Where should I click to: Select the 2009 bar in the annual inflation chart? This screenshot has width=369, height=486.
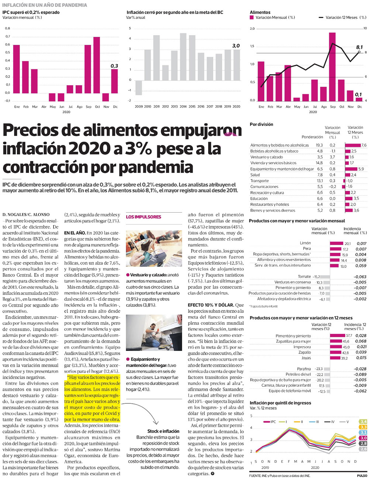click(139, 87)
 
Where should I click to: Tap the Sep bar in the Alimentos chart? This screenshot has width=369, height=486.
click(332, 66)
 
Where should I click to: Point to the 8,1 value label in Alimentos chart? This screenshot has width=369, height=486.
click(359, 47)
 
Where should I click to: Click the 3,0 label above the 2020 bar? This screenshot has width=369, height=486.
click(236, 46)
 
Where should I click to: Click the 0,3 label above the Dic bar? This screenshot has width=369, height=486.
click(114, 66)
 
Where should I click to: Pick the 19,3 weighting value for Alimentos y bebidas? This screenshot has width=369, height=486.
click(319, 145)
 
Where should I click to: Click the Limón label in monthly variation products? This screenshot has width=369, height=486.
click(305, 243)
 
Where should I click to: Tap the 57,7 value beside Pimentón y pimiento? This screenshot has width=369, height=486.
click(349, 335)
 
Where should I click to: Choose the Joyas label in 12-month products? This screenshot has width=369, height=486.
click(306, 358)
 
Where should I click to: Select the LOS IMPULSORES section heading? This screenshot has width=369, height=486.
click(144, 217)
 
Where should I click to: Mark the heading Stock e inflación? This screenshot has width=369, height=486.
click(163, 431)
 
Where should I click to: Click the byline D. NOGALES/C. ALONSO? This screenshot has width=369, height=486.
click(26, 214)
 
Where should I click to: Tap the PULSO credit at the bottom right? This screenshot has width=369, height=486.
click(362, 476)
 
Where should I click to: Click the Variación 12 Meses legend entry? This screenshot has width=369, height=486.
click(341, 17)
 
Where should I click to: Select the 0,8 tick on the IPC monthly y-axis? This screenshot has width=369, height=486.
click(7, 28)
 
